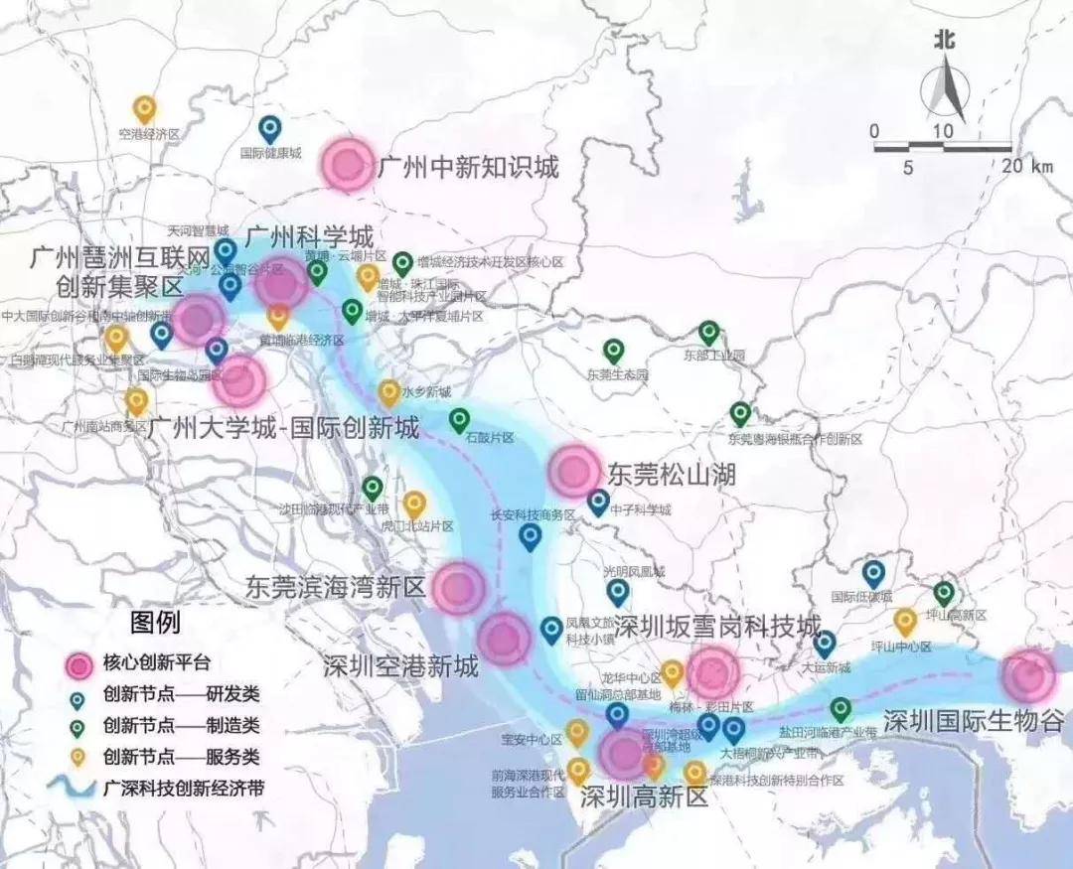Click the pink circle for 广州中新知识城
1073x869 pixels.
(x=348, y=165)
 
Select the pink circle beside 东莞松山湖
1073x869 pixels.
(x=575, y=471)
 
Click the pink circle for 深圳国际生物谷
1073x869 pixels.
(x=1027, y=675)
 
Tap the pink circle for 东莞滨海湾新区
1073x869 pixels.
(x=459, y=587)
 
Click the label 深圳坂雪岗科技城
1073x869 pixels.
(x=717, y=627)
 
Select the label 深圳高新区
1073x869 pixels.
(x=644, y=796)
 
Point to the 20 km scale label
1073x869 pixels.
(x=1027, y=167)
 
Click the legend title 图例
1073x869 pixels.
(x=155, y=624)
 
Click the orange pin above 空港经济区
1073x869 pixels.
(x=145, y=108)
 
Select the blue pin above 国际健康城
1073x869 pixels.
(x=269, y=129)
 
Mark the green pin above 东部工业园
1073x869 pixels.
(x=708, y=333)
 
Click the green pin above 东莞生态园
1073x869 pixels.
(x=614, y=351)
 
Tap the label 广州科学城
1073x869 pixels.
(x=309, y=237)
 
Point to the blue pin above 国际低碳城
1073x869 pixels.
(x=873, y=573)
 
